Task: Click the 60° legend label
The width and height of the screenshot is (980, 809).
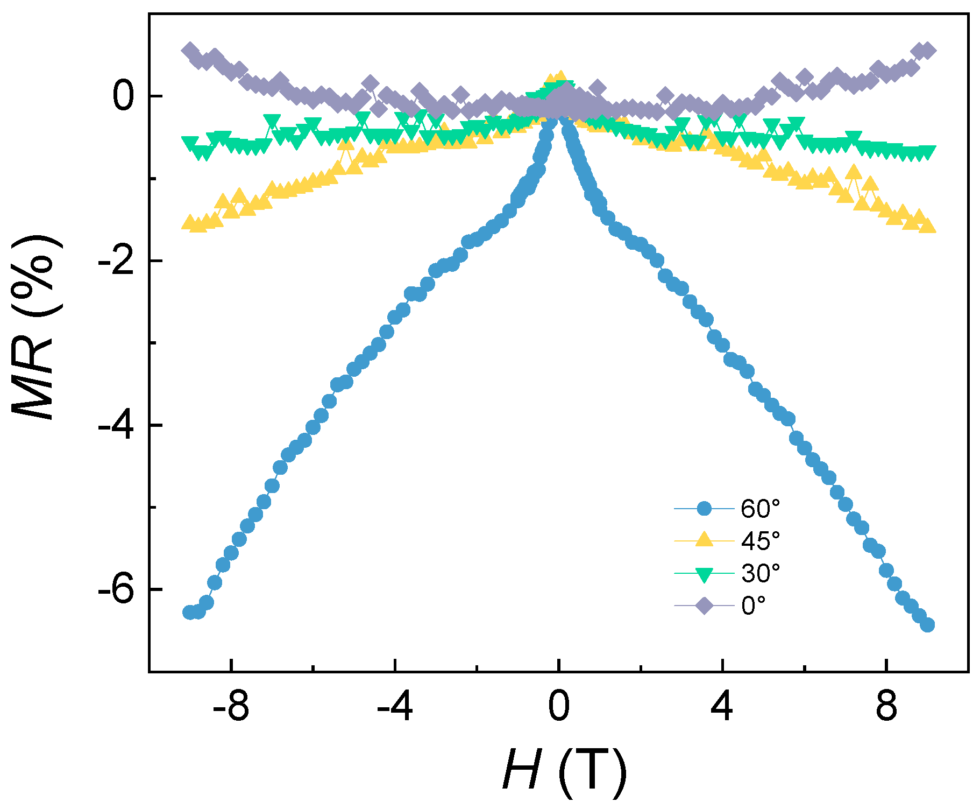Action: tap(760, 509)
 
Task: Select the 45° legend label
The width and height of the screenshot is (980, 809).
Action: tap(760, 540)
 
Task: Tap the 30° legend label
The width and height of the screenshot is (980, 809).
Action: tap(760, 573)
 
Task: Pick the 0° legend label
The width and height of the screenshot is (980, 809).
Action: tap(753, 606)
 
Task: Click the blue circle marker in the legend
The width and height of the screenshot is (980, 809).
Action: tap(704, 509)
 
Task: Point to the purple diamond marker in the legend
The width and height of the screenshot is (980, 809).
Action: tap(704, 606)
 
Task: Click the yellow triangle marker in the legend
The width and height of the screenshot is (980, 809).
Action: tap(704, 540)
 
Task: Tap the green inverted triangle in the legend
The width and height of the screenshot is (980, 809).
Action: tap(704, 574)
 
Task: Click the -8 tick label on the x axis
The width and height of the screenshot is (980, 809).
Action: tap(231, 707)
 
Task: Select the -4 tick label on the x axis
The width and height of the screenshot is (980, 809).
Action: tap(395, 707)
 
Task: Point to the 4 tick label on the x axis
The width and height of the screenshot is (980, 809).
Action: tap(722, 707)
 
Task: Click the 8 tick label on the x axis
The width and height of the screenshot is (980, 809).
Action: tap(886, 707)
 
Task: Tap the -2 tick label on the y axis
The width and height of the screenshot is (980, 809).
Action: tap(115, 262)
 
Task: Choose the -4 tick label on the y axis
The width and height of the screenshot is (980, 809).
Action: tap(115, 426)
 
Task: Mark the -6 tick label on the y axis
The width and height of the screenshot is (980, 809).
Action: tap(115, 590)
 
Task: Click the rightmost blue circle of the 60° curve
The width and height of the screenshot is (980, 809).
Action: tap(927, 625)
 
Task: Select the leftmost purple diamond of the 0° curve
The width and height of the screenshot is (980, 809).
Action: tap(189, 51)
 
